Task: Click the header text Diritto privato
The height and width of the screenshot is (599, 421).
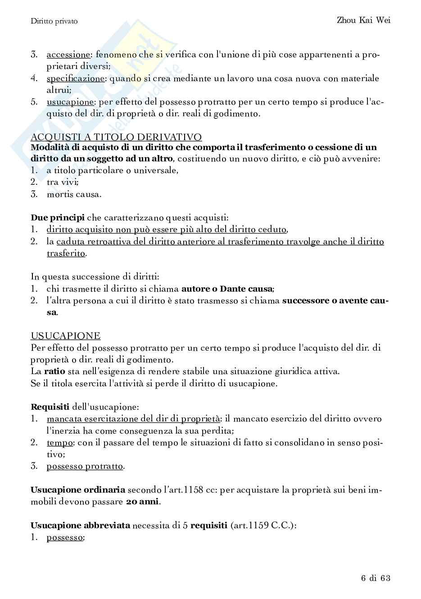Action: tap(54, 21)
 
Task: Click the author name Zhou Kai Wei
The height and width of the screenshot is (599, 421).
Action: tap(363, 20)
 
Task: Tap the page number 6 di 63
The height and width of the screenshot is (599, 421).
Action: tap(375, 578)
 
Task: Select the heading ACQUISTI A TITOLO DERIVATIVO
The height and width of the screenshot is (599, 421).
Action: tap(116, 137)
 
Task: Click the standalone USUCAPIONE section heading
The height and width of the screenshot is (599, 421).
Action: tap(65, 336)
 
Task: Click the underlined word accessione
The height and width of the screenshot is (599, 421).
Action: tap(68, 55)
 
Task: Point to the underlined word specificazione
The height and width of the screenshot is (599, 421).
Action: tap(75, 78)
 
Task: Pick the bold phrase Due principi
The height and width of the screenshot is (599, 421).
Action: tap(57, 218)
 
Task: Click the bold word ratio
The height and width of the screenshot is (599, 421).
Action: tap(54, 371)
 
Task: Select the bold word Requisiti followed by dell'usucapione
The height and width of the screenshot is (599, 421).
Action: tap(50, 407)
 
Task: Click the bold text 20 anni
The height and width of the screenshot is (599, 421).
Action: tap(142, 502)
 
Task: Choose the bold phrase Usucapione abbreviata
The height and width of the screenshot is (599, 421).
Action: tap(80, 526)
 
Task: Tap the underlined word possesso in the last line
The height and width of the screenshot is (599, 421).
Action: tap(65, 537)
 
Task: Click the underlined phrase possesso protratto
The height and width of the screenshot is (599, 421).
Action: tap(85, 466)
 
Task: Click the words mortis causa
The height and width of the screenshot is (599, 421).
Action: tap(74, 194)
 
